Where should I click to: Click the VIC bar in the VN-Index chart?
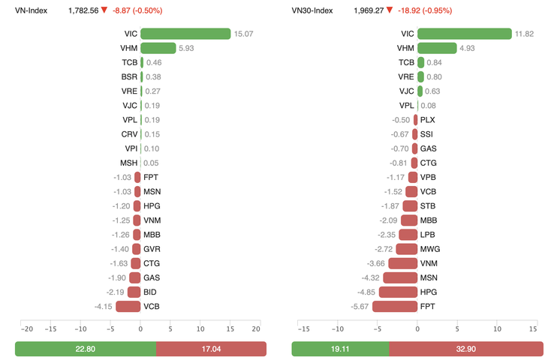(185, 34)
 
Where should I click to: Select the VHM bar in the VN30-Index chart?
(437, 48)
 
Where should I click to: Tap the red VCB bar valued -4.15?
(128, 306)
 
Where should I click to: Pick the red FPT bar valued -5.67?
(395, 306)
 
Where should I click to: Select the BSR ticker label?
(129, 76)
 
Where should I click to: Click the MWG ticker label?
(429, 249)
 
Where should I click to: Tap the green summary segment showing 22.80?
(86, 349)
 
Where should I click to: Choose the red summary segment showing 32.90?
(466, 349)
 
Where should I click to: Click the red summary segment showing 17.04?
(211, 349)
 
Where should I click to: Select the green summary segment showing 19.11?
(340, 349)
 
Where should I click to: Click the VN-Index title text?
(32, 10)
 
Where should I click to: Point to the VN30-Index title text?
(312, 10)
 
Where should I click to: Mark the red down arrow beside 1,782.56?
(104, 10)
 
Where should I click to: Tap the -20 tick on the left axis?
(26, 328)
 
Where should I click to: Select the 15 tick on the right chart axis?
(532, 328)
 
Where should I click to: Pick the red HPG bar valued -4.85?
(398, 292)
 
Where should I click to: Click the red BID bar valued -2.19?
(134, 292)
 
